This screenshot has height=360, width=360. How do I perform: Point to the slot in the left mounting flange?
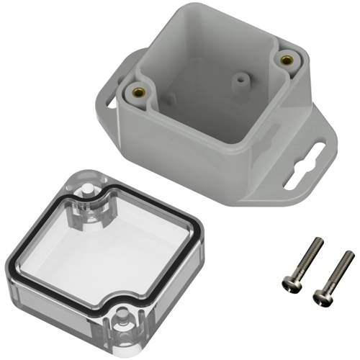pyautogui.click(x=110, y=100)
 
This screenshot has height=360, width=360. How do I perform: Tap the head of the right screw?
pyautogui.click(x=321, y=294)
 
